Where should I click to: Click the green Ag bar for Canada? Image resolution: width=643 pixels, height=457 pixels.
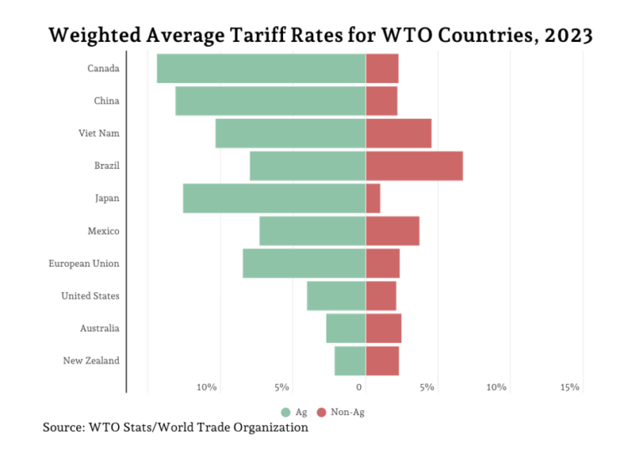point(260,68)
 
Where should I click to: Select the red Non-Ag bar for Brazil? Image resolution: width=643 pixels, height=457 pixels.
point(414,166)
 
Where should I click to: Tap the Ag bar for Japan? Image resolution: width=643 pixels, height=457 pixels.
point(274,198)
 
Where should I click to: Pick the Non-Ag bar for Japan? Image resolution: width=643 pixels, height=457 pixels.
point(373,198)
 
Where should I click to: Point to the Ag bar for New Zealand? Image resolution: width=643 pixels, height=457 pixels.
point(349,361)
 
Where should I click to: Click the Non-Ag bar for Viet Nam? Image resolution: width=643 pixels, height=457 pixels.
point(399,133)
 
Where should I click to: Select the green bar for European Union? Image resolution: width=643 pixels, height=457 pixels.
point(303,263)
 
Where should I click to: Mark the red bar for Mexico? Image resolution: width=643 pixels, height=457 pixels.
point(393,231)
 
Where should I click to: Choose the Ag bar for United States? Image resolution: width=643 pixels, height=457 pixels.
point(335,295)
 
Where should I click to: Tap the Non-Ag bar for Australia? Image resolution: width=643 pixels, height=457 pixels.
point(384,328)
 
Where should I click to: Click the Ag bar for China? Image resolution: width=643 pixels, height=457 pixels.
point(270,100)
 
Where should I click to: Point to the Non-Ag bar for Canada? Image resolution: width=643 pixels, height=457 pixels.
point(383,68)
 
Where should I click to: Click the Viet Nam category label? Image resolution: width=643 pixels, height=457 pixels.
point(99,133)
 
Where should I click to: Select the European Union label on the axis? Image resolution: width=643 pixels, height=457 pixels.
point(83,263)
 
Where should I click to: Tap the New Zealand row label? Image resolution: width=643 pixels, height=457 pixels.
point(91,361)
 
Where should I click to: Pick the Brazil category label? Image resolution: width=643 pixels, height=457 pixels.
point(106,166)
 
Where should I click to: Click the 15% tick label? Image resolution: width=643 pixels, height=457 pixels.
point(570,387)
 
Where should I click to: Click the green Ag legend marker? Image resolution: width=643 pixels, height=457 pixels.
point(285,412)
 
